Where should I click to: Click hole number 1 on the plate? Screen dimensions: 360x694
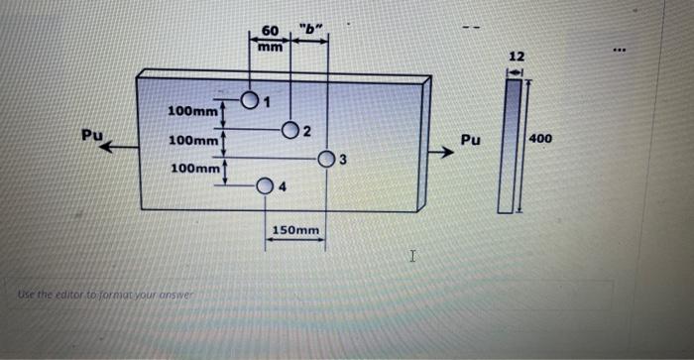[x=250, y=100]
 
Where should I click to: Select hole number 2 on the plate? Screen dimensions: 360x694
[x=290, y=130]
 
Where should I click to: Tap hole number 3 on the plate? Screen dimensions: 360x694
[x=327, y=160]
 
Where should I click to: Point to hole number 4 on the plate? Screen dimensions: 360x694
[x=266, y=185]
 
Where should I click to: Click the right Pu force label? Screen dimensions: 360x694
[x=471, y=140]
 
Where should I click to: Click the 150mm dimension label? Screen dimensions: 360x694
[x=295, y=231]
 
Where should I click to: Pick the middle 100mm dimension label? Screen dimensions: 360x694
[x=193, y=141]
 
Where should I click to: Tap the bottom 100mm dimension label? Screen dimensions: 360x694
[x=195, y=170]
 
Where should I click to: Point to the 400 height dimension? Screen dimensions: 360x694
[x=543, y=139]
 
